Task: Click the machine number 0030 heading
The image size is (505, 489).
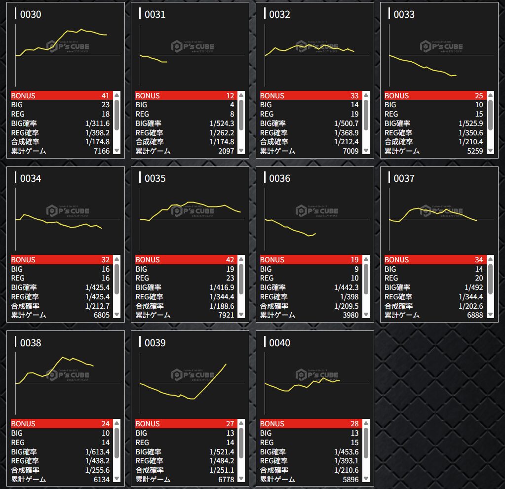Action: pos(31,15)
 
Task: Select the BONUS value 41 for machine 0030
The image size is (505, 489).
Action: pos(105,96)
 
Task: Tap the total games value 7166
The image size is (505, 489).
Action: pos(101,151)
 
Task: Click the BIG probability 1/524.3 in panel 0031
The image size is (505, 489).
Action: pos(222,123)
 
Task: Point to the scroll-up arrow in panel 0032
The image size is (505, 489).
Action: pos(365,95)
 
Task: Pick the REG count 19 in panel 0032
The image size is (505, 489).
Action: pos(354,114)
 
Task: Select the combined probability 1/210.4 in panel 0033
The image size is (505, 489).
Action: pos(471,142)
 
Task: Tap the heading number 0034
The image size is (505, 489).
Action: pos(31,179)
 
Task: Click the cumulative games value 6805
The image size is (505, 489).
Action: pos(101,315)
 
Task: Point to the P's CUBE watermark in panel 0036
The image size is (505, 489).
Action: pos(317,211)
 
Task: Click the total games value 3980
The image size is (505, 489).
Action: pos(350,315)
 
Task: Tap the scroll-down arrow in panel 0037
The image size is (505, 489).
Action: pos(490,314)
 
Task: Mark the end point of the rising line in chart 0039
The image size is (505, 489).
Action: pos(226,365)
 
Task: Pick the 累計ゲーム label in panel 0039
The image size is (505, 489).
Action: pos(153,479)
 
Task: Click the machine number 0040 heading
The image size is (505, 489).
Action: pos(279,343)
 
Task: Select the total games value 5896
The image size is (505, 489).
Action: pos(350,479)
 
